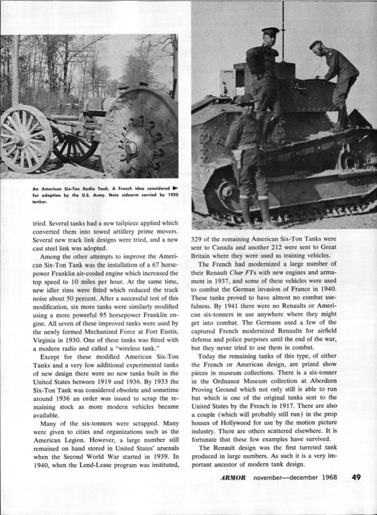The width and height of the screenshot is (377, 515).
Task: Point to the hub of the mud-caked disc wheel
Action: point(131,147)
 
